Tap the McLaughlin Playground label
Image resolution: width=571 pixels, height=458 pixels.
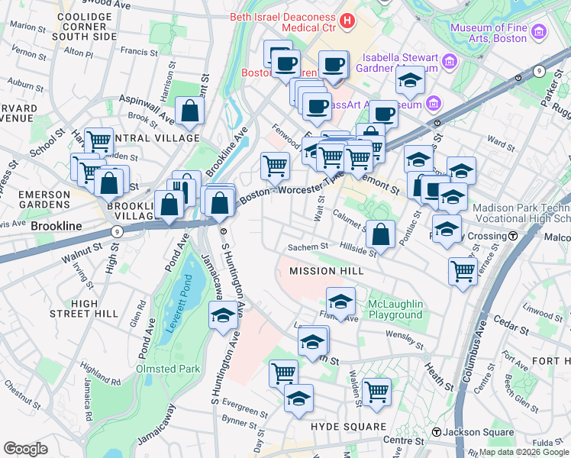coord(395,309)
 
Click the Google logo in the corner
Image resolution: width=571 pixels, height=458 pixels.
coord(25,448)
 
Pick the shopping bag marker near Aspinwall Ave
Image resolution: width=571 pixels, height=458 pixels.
coord(189,112)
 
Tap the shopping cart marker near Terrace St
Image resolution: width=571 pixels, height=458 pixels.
coord(463,271)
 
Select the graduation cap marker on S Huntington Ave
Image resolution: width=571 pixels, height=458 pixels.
coord(223,316)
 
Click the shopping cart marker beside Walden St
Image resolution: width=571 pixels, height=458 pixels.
coord(376,392)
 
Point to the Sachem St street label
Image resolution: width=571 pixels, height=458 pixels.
coord(307,247)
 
